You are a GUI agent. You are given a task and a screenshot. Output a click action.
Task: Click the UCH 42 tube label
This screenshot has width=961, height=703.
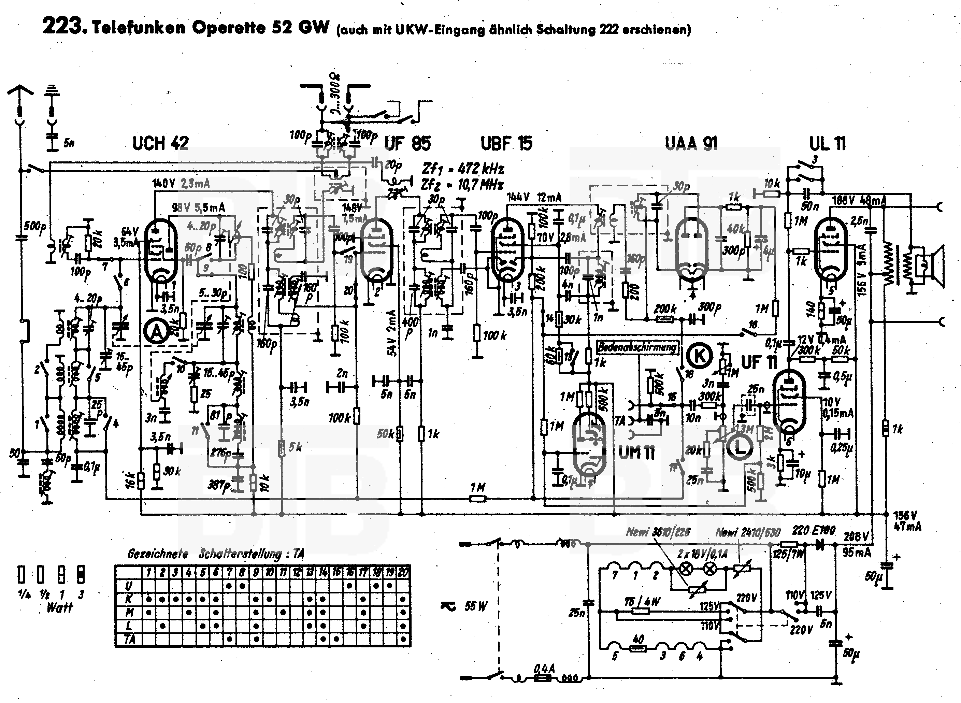(x=160, y=143)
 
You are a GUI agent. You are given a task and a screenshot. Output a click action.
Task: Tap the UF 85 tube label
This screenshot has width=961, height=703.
(x=407, y=143)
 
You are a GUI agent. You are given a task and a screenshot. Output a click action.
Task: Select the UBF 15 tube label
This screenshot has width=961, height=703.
(x=506, y=143)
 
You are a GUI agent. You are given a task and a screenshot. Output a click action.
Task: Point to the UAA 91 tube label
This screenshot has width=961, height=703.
(x=691, y=143)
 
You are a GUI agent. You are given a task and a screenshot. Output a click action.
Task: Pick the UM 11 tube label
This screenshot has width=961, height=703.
(x=636, y=453)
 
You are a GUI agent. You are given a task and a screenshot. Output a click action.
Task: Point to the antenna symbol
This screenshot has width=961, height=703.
(x=19, y=91)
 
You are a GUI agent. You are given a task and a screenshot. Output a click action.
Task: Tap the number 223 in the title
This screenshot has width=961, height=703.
(x=62, y=26)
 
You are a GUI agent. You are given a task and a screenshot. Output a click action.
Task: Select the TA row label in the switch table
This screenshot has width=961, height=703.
(x=129, y=639)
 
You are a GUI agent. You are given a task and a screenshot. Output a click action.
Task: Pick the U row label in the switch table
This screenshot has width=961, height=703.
(x=129, y=586)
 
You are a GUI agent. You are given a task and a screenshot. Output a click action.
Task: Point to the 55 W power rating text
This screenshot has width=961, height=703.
(x=475, y=606)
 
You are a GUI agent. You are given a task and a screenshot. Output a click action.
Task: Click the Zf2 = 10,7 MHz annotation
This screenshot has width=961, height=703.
(x=462, y=185)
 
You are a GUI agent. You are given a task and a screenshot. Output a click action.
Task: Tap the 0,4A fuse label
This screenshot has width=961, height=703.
(x=544, y=669)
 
